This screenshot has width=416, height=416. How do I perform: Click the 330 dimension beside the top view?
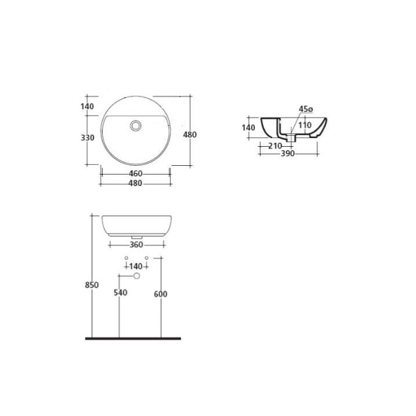click(x=88, y=138)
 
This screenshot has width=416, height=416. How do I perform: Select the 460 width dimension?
click(x=136, y=173)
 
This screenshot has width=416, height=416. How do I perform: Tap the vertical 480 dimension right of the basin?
click(x=190, y=135)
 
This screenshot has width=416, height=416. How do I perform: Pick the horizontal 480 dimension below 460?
click(x=135, y=183)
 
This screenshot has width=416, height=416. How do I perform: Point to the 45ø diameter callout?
click(x=306, y=109)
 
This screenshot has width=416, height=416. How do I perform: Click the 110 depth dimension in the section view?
click(x=305, y=125)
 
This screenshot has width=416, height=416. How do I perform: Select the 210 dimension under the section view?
click(x=274, y=146)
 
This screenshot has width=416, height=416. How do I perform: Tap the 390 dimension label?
click(x=288, y=153)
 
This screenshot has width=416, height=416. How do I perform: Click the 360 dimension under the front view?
click(x=136, y=244)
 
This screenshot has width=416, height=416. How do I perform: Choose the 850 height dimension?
click(x=92, y=285)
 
